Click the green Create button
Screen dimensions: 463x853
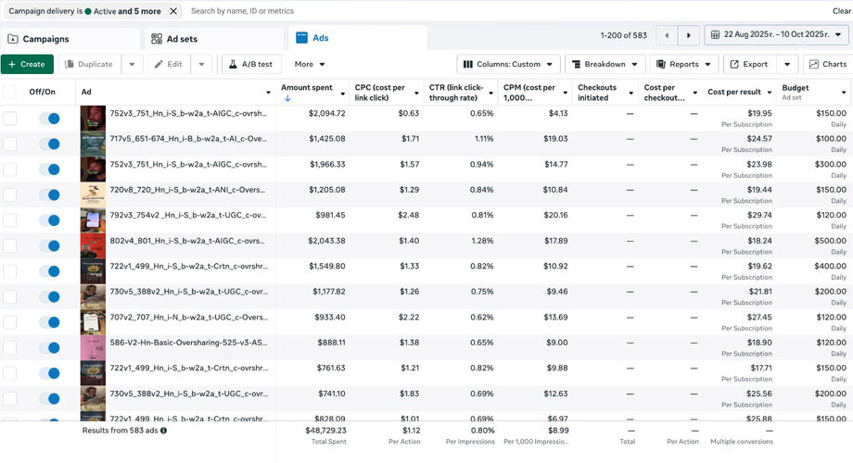[x=27, y=64]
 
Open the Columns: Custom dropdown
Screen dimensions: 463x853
[x=508, y=64]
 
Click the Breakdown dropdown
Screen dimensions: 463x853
[x=605, y=64]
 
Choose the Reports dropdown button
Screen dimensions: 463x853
[x=684, y=64]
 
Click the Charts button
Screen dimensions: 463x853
[x=827, y=64]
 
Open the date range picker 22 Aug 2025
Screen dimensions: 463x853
[x=777, y=35]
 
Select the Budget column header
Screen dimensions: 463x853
[x=796, y=88]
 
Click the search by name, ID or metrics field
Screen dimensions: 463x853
[x=371, y=11]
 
